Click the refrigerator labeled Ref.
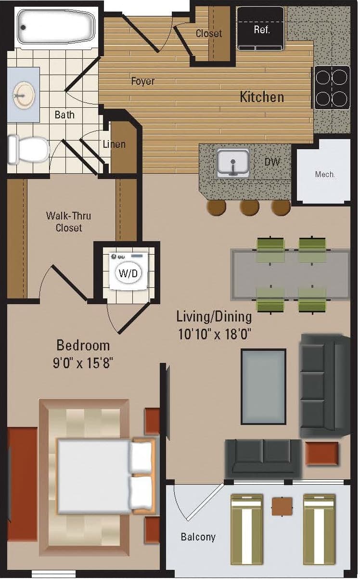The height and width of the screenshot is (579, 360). click(x=261, y=28)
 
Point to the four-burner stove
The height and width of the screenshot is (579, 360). click(x=332, y=88)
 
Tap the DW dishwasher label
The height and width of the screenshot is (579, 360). click(x=272, y=162)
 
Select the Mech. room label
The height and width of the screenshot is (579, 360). click(x=325, y=174)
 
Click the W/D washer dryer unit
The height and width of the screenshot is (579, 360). click(x=129, y=273)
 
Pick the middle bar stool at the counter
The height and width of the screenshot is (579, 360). click(x=249, y=206)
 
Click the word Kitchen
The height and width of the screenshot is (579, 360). click(x=262, y=97)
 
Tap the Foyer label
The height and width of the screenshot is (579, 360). click(x=143, y=81)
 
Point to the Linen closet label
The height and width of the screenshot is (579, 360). click(x=114, y=144)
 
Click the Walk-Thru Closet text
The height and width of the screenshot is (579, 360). click(x=68, y=221)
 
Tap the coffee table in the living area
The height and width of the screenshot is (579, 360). click(x=263, y=387)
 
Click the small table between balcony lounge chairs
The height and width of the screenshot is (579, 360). click(x=282, y=506)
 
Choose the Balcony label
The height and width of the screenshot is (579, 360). click(x=198, y=537)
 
